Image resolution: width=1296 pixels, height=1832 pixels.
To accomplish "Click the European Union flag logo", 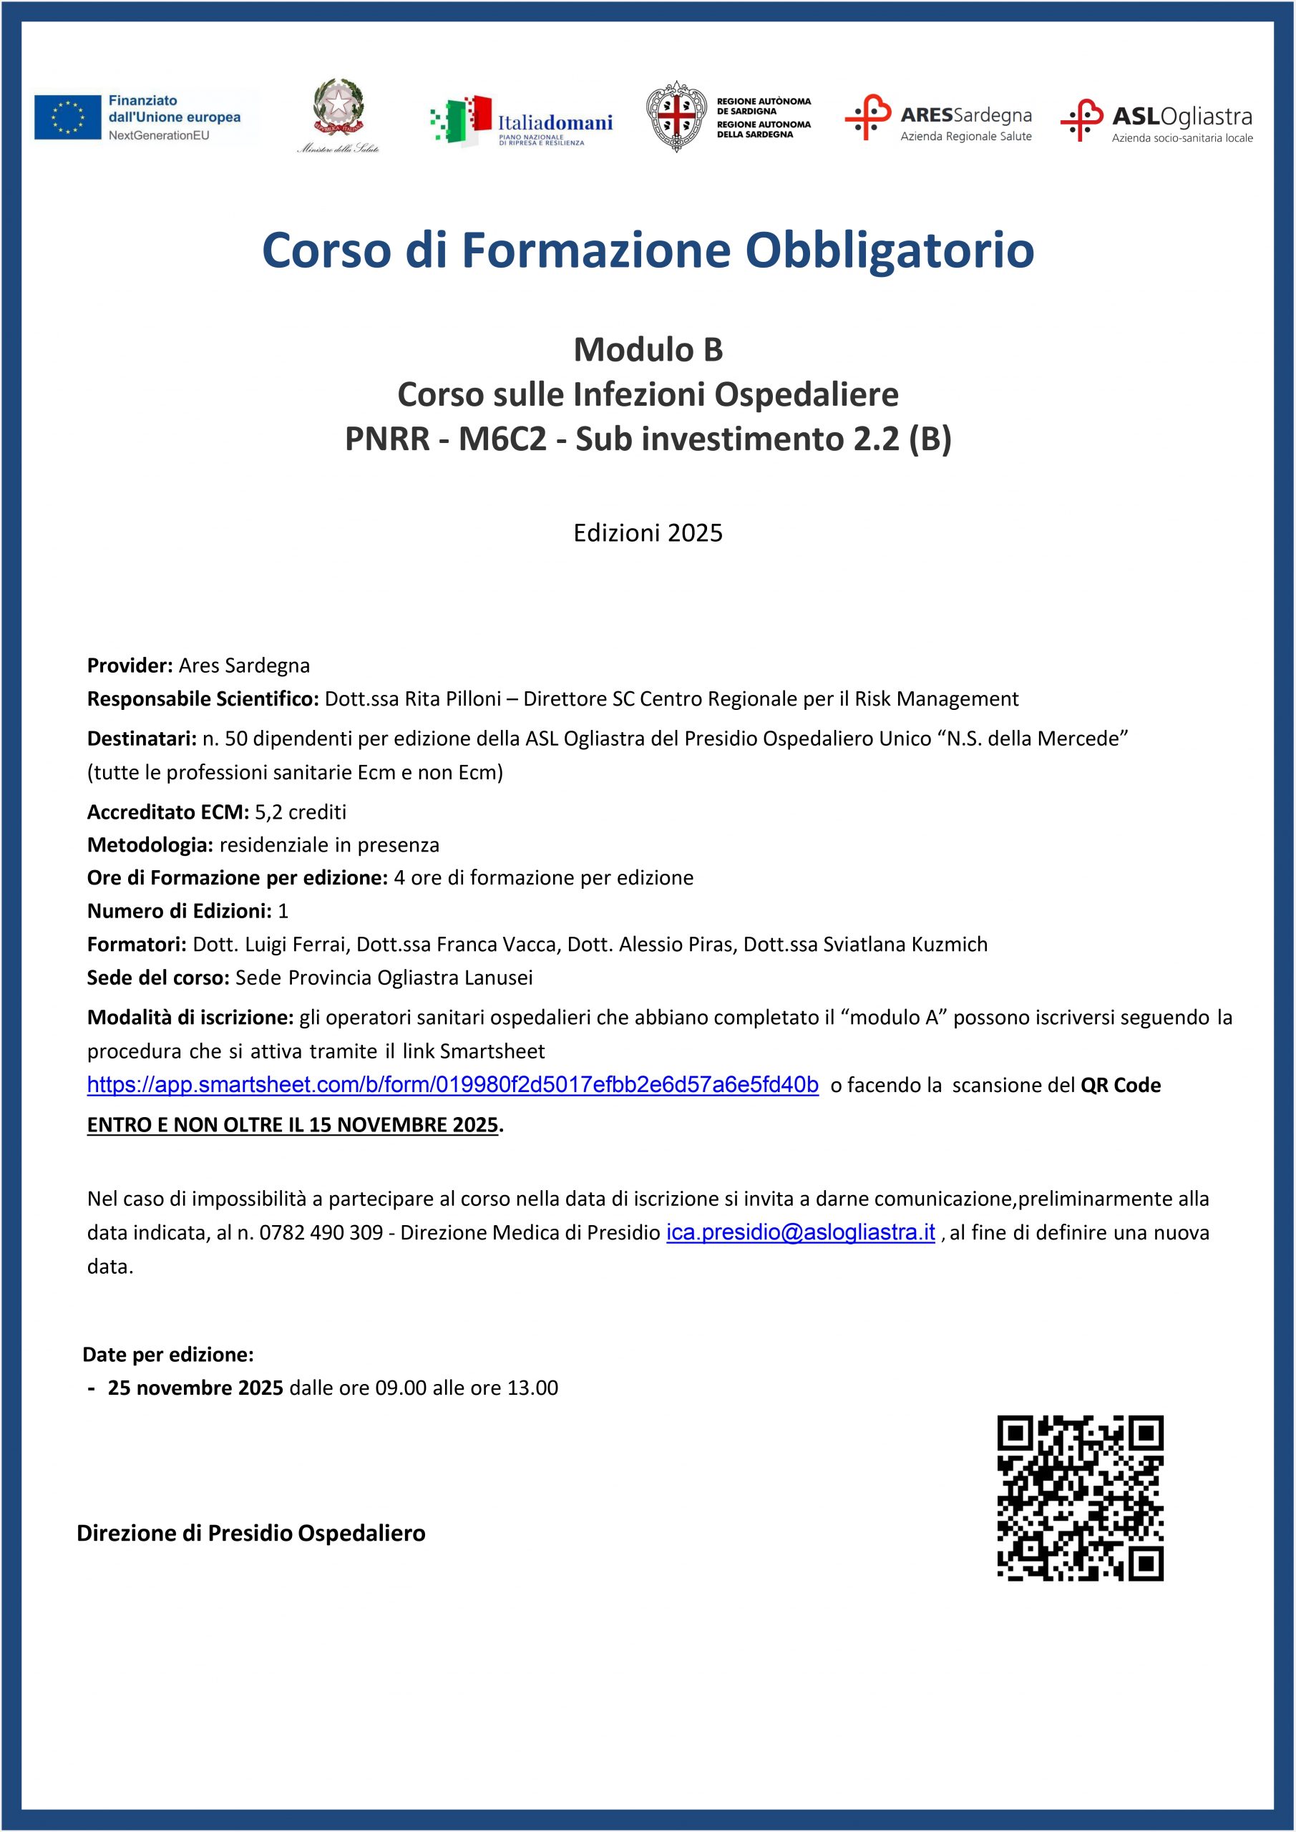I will [x=68, y=117].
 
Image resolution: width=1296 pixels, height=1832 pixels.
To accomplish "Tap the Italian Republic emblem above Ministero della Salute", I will [x=338, y=107].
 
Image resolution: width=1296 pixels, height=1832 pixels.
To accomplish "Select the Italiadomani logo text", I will [x=555, y=123].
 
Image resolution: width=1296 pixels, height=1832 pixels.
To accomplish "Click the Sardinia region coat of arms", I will [x=676, y=117].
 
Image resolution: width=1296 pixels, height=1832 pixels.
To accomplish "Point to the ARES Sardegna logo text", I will [x=965, y=116].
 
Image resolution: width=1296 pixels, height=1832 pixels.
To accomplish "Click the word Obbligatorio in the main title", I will [x=889, y=250].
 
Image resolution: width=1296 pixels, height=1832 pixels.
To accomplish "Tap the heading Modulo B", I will [x=648, y=349].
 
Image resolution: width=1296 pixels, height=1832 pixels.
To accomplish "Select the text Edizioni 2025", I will [x=648, y=533].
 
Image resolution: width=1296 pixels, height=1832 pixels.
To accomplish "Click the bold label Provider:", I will [x=130, y=666].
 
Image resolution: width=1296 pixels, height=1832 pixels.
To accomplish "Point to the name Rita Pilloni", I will [x=452, y=699].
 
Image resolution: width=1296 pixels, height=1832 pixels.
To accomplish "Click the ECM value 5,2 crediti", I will [x=301, y=812].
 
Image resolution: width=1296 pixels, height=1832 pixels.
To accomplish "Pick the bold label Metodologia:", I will [x=150, y=845].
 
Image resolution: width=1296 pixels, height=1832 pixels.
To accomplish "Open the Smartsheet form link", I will [x=452, y=1085].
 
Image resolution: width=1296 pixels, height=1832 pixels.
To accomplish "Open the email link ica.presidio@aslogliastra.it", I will [x=800, y=1233].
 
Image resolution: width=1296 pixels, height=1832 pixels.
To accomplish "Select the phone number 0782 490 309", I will [x=321, y=1233].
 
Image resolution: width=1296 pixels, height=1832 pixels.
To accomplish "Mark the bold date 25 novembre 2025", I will [x=195, y=1388].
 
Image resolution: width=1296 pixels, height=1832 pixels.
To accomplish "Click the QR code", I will [x=1080, y=1498].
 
